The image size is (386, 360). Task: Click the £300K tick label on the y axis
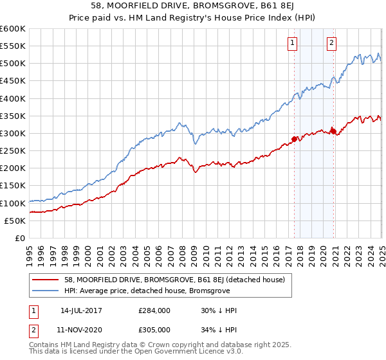tap(12, 133)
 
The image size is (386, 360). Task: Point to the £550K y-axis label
tap(12, 46)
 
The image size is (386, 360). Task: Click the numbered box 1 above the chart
tap(292, 44)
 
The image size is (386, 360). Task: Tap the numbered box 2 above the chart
tap(331, 44)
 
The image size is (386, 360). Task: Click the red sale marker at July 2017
tap(294, 139)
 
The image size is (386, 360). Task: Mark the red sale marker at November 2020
tap(333, 131)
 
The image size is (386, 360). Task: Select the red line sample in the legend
tap(46, 280)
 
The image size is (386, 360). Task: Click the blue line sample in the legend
tap(46, 290)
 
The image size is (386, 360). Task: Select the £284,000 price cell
tap(154, 310)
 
